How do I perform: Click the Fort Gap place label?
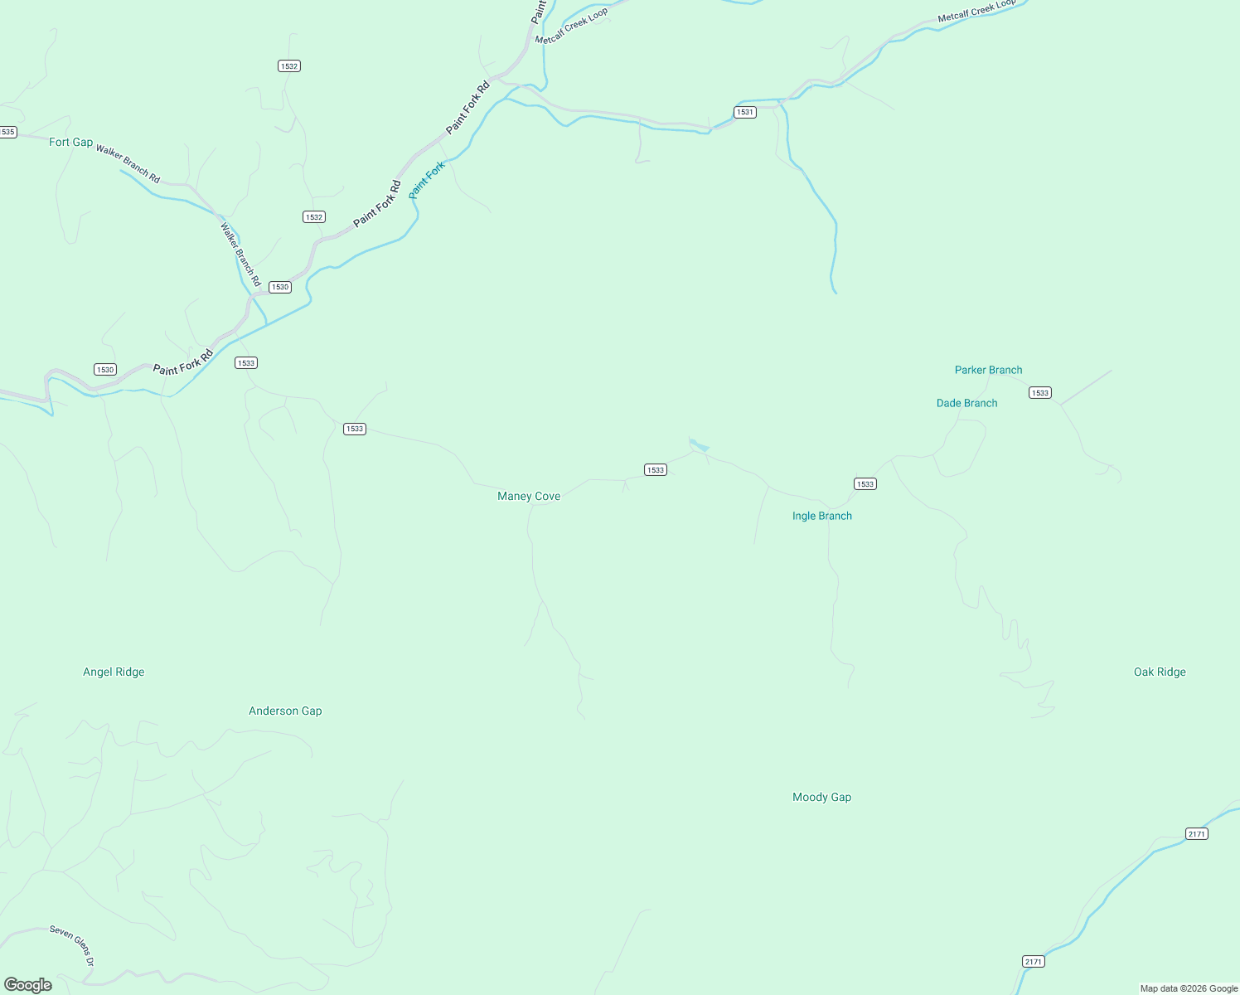[70, 142]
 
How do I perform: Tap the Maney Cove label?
[529, 496]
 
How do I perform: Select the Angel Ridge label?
[114, 672]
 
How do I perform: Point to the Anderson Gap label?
[285, 711]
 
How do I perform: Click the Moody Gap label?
[821, 797]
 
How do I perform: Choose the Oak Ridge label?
[1160, 672]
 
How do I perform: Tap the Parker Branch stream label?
[988, 370]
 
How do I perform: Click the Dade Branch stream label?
[966, 403]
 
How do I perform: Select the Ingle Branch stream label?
[821, 516]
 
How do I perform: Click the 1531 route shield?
[744, 112]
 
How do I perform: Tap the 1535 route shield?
[7, 132]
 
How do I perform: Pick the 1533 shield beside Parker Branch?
[1039, 392]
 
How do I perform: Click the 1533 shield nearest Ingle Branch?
[865, 483]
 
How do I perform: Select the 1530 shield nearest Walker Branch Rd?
[279, 287]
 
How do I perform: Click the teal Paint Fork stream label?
[428, 179]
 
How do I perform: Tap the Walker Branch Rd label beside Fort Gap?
[128, 163]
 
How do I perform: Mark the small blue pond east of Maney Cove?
[699, 445]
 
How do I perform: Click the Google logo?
[28, 985]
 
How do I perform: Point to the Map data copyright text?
[1189, 988]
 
